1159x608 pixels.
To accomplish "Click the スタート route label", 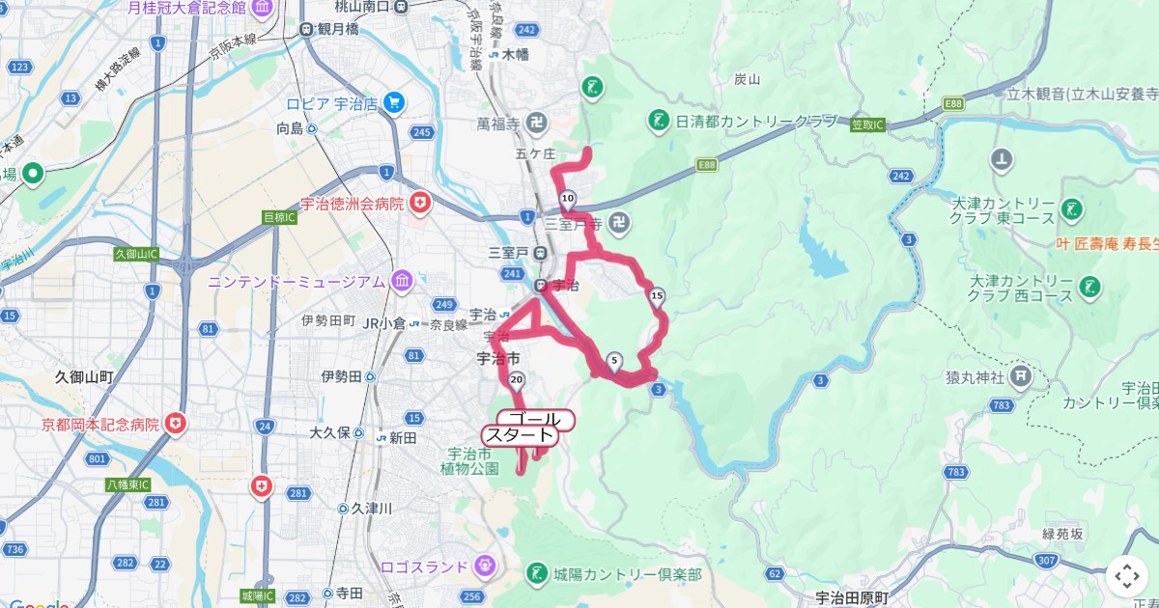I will (520, 435).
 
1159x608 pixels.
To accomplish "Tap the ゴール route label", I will (534, 420).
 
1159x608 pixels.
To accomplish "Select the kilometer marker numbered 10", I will (568, 200).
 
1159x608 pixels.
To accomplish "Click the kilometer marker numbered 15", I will (658, 296).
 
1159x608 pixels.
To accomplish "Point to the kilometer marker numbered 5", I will (614, 362).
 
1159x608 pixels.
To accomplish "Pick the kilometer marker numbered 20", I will (517, 380).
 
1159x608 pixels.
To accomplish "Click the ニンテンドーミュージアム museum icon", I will (401, 282).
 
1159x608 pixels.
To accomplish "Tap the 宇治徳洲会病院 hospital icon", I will (420, 203).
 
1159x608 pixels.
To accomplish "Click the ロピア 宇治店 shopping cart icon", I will (393, 103).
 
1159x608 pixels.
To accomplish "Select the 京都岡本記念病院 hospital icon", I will (175, 424).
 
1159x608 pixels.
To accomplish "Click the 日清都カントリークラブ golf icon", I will (660, 121).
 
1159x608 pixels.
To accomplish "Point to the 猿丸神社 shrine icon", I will (1022, 376).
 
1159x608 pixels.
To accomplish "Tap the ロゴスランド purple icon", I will (486, 566).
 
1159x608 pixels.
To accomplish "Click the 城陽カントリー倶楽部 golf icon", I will (537, 574).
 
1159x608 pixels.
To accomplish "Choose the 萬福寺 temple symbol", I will (538, 124).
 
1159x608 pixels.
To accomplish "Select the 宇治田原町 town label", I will (850, 597).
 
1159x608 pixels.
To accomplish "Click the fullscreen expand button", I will (1127, 576).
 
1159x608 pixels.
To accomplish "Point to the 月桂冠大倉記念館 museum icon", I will (260, 11).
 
